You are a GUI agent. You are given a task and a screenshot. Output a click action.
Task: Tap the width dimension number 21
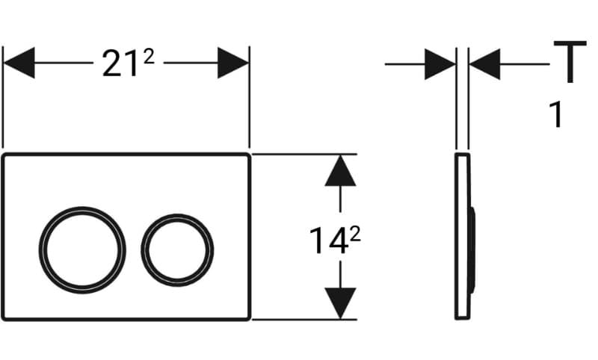point(120,63)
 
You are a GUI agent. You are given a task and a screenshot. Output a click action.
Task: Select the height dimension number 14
point(328,240)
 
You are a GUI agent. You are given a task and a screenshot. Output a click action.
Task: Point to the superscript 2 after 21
point(149,58)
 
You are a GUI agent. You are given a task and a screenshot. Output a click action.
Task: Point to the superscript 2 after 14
point(355,235)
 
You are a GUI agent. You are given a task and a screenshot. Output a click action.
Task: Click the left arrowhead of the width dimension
point(19,63)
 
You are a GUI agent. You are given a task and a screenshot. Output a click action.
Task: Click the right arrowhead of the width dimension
point(233,63)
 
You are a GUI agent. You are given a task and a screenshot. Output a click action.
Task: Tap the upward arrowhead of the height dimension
point(340,170)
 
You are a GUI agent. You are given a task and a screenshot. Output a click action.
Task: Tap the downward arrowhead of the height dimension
point(340,303)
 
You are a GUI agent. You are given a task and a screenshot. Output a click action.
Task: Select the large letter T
point(570,61)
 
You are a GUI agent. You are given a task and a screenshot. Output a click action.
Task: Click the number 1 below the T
point(556,115)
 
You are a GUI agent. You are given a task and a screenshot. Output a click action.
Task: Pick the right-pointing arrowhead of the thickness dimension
point(440,64)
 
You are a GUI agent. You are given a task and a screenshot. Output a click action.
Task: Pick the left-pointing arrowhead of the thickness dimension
point(484,64)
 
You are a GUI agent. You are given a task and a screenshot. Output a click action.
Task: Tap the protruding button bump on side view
point(473,250)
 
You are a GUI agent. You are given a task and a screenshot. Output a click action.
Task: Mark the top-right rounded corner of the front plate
point(248,155)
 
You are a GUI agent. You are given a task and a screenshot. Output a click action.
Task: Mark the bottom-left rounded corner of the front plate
point(4,317)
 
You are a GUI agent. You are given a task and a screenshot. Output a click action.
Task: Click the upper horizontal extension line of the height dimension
point(304,155)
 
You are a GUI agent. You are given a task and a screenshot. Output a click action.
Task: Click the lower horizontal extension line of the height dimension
point(304,319)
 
